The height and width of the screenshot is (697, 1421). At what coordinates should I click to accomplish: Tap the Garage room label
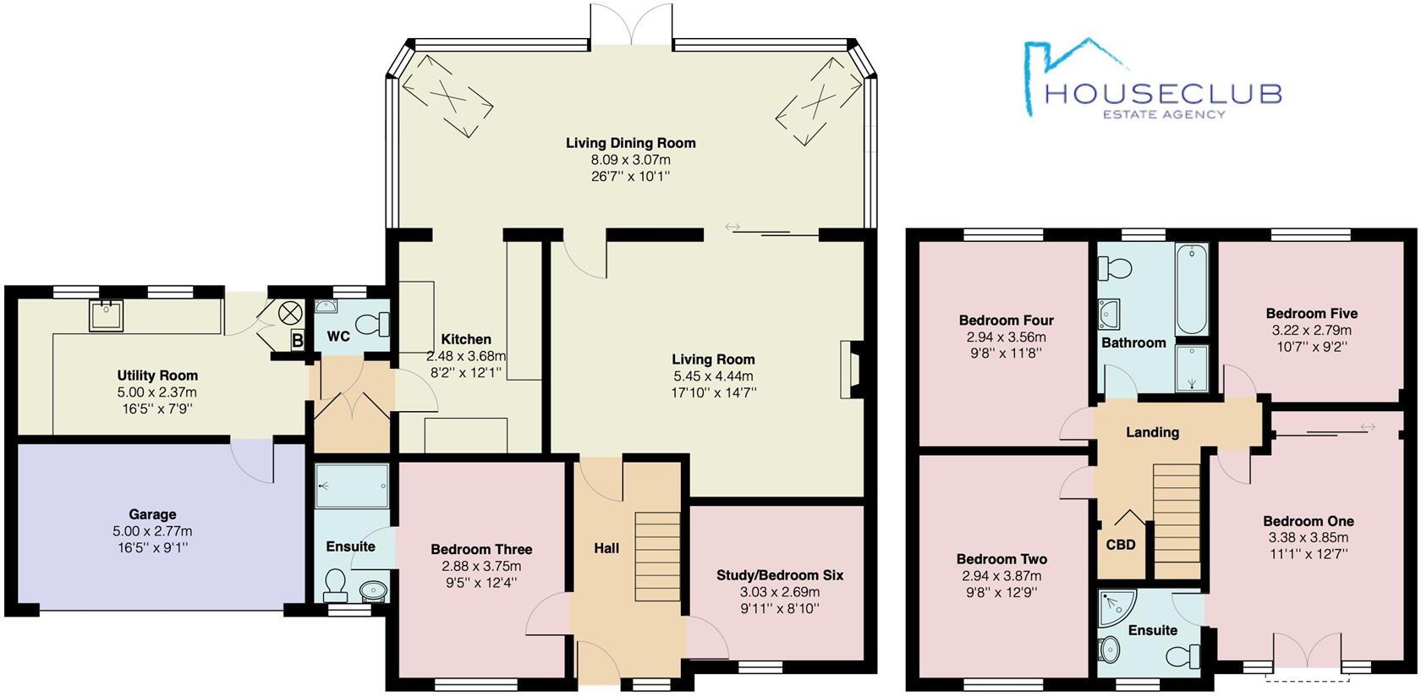(x=152, y=514)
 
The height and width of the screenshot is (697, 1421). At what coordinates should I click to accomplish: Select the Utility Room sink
(x=107, y=315)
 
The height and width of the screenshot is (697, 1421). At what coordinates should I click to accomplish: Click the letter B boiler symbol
(x=297, y=341)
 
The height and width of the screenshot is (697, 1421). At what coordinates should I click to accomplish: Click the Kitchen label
(x=465, y=339)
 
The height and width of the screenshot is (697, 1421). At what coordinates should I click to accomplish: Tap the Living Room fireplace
(x=848, y=369)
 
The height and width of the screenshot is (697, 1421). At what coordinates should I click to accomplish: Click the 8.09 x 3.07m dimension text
(x=630, y=160)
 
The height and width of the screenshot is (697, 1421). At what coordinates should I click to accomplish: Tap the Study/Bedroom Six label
(x=779, y=575)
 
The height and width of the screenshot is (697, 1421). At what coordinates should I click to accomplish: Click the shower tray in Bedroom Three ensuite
(x=352, y=486)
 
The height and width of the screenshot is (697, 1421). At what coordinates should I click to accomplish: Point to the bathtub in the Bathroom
(x=1192, y=291)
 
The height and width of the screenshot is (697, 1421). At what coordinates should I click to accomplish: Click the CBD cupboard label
(x=1121, y=545)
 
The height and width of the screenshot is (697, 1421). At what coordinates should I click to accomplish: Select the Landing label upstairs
(x=1152, y=432)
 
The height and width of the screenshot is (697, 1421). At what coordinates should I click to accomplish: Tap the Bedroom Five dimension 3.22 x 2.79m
(x=1311, y=330)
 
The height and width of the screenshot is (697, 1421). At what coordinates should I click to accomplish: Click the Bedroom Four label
(x=1006, y=321)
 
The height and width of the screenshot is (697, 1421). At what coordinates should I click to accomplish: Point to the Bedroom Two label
(x=1001, y=559)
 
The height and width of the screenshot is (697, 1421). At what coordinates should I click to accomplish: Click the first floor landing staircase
(x=1177, y=520)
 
